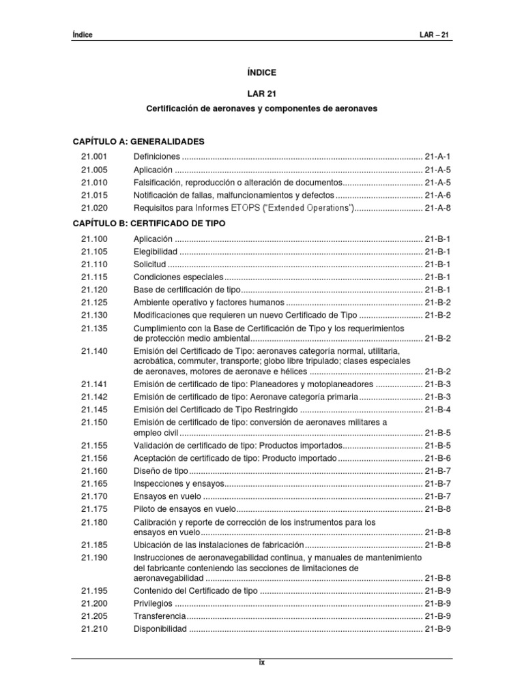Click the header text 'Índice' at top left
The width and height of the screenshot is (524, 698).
click(x=82, y=35)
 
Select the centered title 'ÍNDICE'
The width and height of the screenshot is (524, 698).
click(x=263, y=72)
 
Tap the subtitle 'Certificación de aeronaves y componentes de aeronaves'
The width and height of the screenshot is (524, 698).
click(x=263, y=108)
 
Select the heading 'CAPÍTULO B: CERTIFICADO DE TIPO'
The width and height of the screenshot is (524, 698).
click(x=149, y=223)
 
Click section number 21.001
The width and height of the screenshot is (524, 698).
click(x=94, y=156)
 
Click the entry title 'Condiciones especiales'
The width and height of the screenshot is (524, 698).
click(x=178, y=277)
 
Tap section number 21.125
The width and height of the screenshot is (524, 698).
click(x=94, y=303)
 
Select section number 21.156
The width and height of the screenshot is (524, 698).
click(x=94, y=458)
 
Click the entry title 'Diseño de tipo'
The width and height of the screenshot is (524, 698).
click(x=160, y=471)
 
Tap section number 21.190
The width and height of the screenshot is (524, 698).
click(x=94, y=558)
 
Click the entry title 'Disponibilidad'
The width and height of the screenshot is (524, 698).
click(x=160, y=629)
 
